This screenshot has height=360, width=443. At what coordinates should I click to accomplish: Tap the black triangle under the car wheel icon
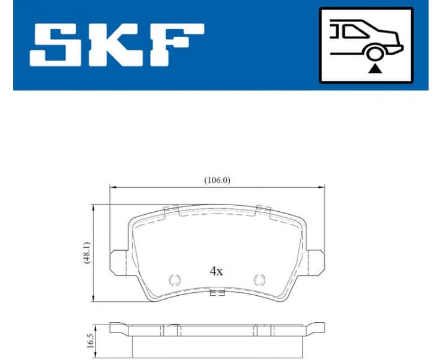[x=375, y=70]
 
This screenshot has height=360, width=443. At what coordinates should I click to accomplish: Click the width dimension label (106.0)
[x=217, y=179]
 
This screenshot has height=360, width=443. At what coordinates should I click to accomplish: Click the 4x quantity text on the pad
[x=216, y=271]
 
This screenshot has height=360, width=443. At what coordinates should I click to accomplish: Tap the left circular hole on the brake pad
[x=175, y=279]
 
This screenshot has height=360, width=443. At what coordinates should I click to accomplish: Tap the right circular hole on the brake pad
[x=259, y=279]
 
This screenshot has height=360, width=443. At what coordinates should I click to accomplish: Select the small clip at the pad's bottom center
[x=217, y=293]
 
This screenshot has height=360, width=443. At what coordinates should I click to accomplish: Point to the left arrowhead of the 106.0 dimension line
[x=112, y=187]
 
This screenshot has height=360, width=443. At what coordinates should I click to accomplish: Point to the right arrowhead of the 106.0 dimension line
[x=322, y=187]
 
